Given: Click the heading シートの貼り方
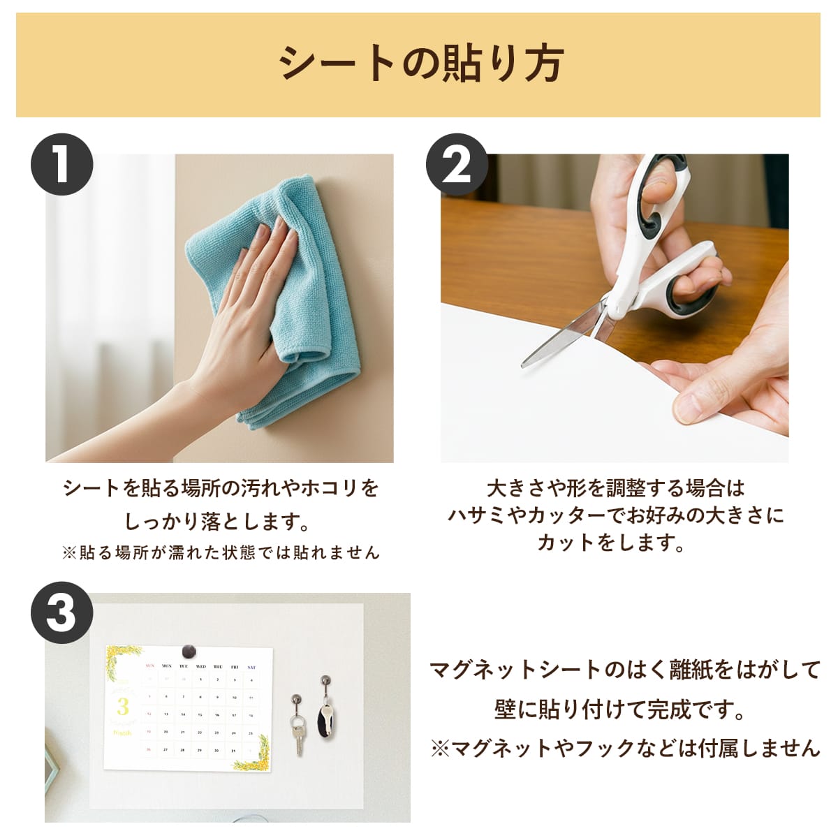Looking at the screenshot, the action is (x=421, y=64).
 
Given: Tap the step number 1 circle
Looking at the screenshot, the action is (x=61, y=165).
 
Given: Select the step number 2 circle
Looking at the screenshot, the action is (x=457, y=165).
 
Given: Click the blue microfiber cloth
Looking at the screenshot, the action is (x=279, y=300).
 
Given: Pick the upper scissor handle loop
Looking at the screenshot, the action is (x=663, y=191).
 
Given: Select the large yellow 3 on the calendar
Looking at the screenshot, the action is (x=123, y=707).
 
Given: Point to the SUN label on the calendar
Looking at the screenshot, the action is (x=149, y=666).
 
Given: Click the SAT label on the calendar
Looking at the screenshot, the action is (x=251, y=667).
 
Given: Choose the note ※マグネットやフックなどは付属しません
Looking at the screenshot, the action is (x=625, y=748).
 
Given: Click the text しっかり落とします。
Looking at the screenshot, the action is (x=217, y=521).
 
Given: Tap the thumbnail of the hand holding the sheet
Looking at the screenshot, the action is (x=615, y=308).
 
